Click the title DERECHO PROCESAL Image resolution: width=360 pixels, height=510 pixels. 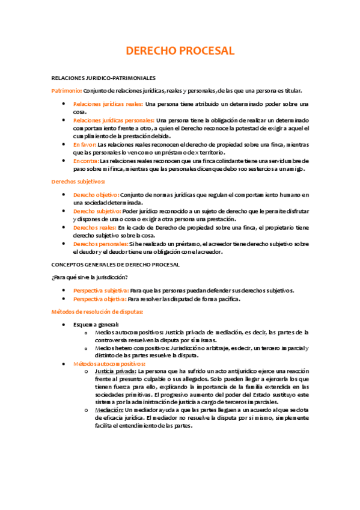point(180,51)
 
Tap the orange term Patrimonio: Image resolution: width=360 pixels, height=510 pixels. point(67,91)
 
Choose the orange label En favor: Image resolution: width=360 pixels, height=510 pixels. point(84,145)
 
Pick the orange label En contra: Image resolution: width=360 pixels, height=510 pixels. point(86,161)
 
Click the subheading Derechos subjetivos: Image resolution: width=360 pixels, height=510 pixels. point(78,182)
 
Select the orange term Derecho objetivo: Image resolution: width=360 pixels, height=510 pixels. point(96,195)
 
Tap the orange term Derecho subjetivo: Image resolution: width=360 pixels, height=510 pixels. point(97,211)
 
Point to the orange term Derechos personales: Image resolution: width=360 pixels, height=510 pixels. point(100,244)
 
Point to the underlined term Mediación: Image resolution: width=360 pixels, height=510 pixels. point(109,410)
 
